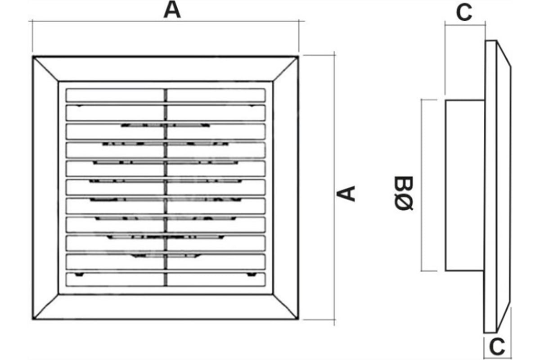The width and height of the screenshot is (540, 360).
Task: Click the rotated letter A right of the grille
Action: [346, 193]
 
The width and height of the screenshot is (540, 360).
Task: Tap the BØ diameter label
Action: [404, 193]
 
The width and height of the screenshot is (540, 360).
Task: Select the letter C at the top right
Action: [464, 13]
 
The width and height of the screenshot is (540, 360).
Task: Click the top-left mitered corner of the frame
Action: [33, 57]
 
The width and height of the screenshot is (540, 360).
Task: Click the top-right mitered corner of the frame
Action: [298, 57]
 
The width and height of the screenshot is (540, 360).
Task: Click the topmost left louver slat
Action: [115, 95]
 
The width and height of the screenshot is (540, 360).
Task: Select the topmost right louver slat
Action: [216, 95]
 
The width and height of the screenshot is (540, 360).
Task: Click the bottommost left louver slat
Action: [115, 279]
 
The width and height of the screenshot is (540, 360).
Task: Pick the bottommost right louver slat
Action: [216, 279]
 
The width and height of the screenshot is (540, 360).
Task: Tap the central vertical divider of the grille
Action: [166, 188]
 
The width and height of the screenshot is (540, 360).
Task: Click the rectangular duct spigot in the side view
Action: [465, 185]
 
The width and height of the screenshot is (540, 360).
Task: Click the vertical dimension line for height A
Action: [334, 188]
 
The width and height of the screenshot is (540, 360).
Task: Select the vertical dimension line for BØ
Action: [421, 185]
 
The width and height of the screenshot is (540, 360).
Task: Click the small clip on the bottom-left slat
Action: [79, 274]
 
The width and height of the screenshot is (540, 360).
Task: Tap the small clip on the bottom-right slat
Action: [252, 274]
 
